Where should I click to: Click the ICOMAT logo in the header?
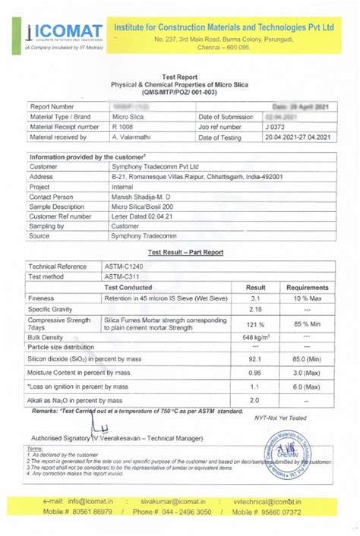click(x=55, y=31)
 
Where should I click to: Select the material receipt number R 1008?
click(x=122, y=127)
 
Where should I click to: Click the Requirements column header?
click(x=307, y=288)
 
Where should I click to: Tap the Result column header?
click(x=255, y=288)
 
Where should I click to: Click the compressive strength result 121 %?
click(x=255, y=324)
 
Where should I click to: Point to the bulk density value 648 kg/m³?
click(x=257, y=336)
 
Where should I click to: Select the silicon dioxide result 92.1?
click(x=255, y=358)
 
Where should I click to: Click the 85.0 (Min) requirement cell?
click(x=307, y=358)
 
